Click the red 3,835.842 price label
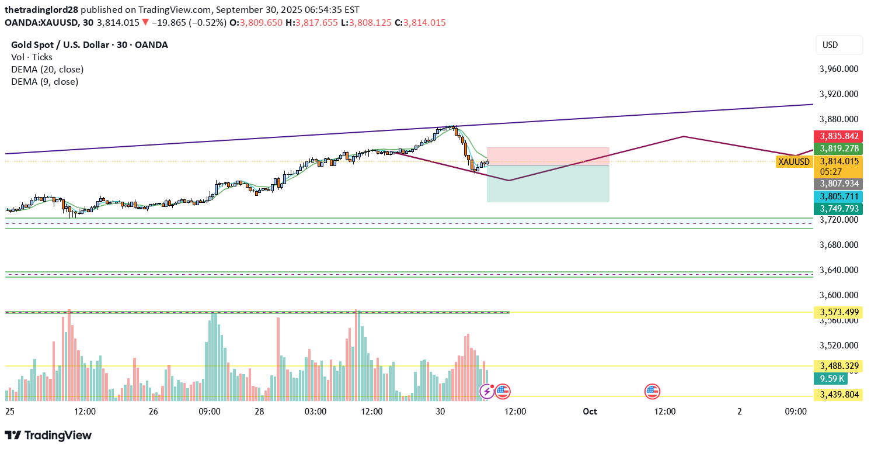[x=838, y=136]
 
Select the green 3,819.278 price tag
[x=838, y=148]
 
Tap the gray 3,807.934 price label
[x=838, y=184]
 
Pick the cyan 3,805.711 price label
[x=838, y=196]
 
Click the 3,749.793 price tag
[x=838, y=209]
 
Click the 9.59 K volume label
[x=830, y=378]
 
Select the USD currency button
[x=839, y=45]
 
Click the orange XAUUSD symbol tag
[x=794, y=162]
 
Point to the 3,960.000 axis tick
[x=839, y=69]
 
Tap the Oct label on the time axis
[x=590, y=411]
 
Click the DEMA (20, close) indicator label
[x=47, y=69]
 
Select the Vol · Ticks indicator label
[x=32, y=57]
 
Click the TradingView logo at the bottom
[x=48, y=435]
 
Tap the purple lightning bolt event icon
[x=486, y=391]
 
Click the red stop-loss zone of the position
[x=548, y=156]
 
